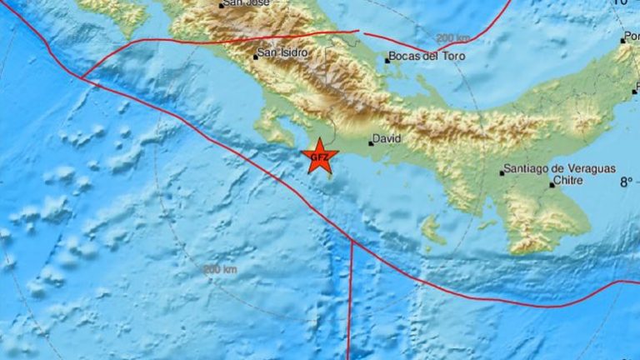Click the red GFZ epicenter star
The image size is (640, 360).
click(x=318, y=157)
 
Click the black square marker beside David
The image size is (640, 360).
click(x=371, y=143)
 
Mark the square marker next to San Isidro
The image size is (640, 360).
click(x=256, y=57)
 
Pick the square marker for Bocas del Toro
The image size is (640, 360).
click(x=387, y=60)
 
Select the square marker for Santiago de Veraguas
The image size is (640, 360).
click(x=502, y=173)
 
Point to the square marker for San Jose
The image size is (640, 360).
click(x=222, y=5)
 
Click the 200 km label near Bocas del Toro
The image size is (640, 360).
click(x=453, y=37)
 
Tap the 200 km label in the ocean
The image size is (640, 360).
click(x=220, y=269)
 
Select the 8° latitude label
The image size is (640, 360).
click(x=625, y=180)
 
